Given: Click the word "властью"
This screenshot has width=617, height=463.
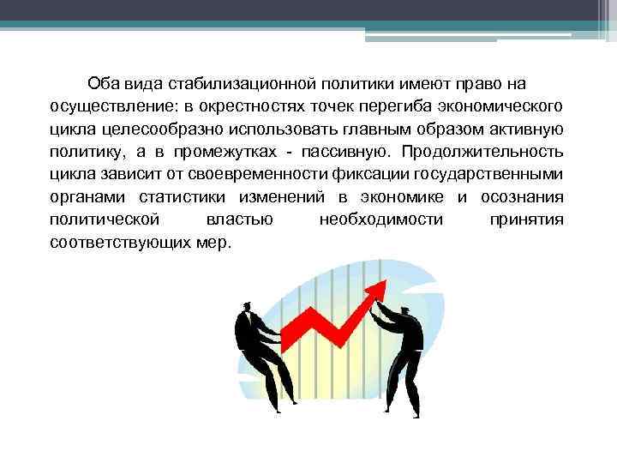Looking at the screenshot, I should [x=240, y=219].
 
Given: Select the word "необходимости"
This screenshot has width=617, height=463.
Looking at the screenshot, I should [x=380, y=219].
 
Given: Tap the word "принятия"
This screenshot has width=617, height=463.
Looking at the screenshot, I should [x=526, y=219].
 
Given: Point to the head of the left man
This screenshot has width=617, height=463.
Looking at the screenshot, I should [x=246, y=308].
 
